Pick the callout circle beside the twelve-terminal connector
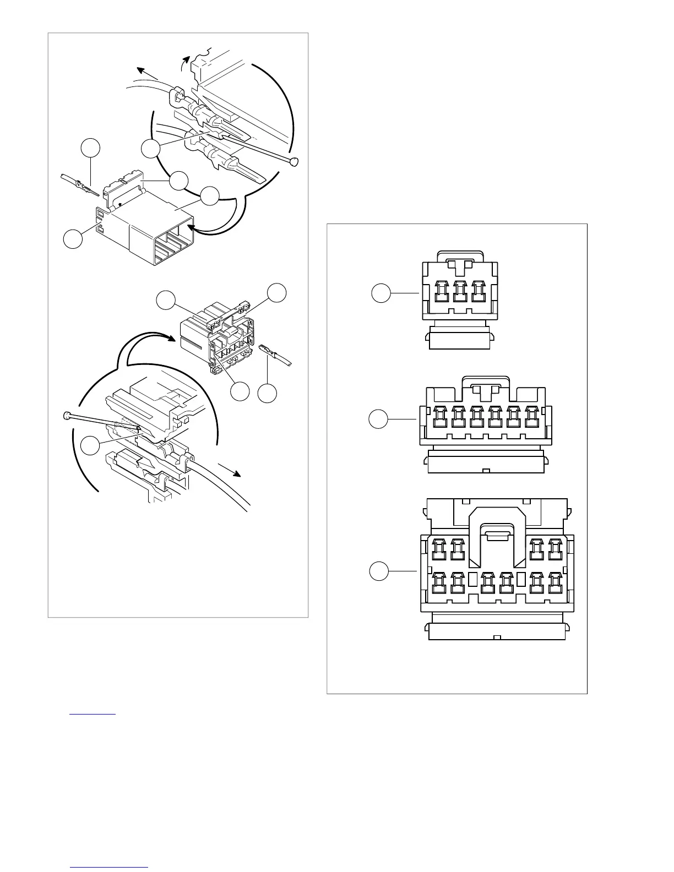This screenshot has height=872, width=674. tap(378, 571)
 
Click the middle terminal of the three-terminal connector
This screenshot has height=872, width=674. tap(460, 292)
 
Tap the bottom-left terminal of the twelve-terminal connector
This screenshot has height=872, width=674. tap(439, 583)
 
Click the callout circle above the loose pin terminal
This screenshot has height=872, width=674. tap(91, 149)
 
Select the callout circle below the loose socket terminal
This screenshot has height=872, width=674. tap(268, 393)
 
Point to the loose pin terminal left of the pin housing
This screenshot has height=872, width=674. tap(83, 187)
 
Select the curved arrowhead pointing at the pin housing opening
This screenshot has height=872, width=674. tap(190, 227)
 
